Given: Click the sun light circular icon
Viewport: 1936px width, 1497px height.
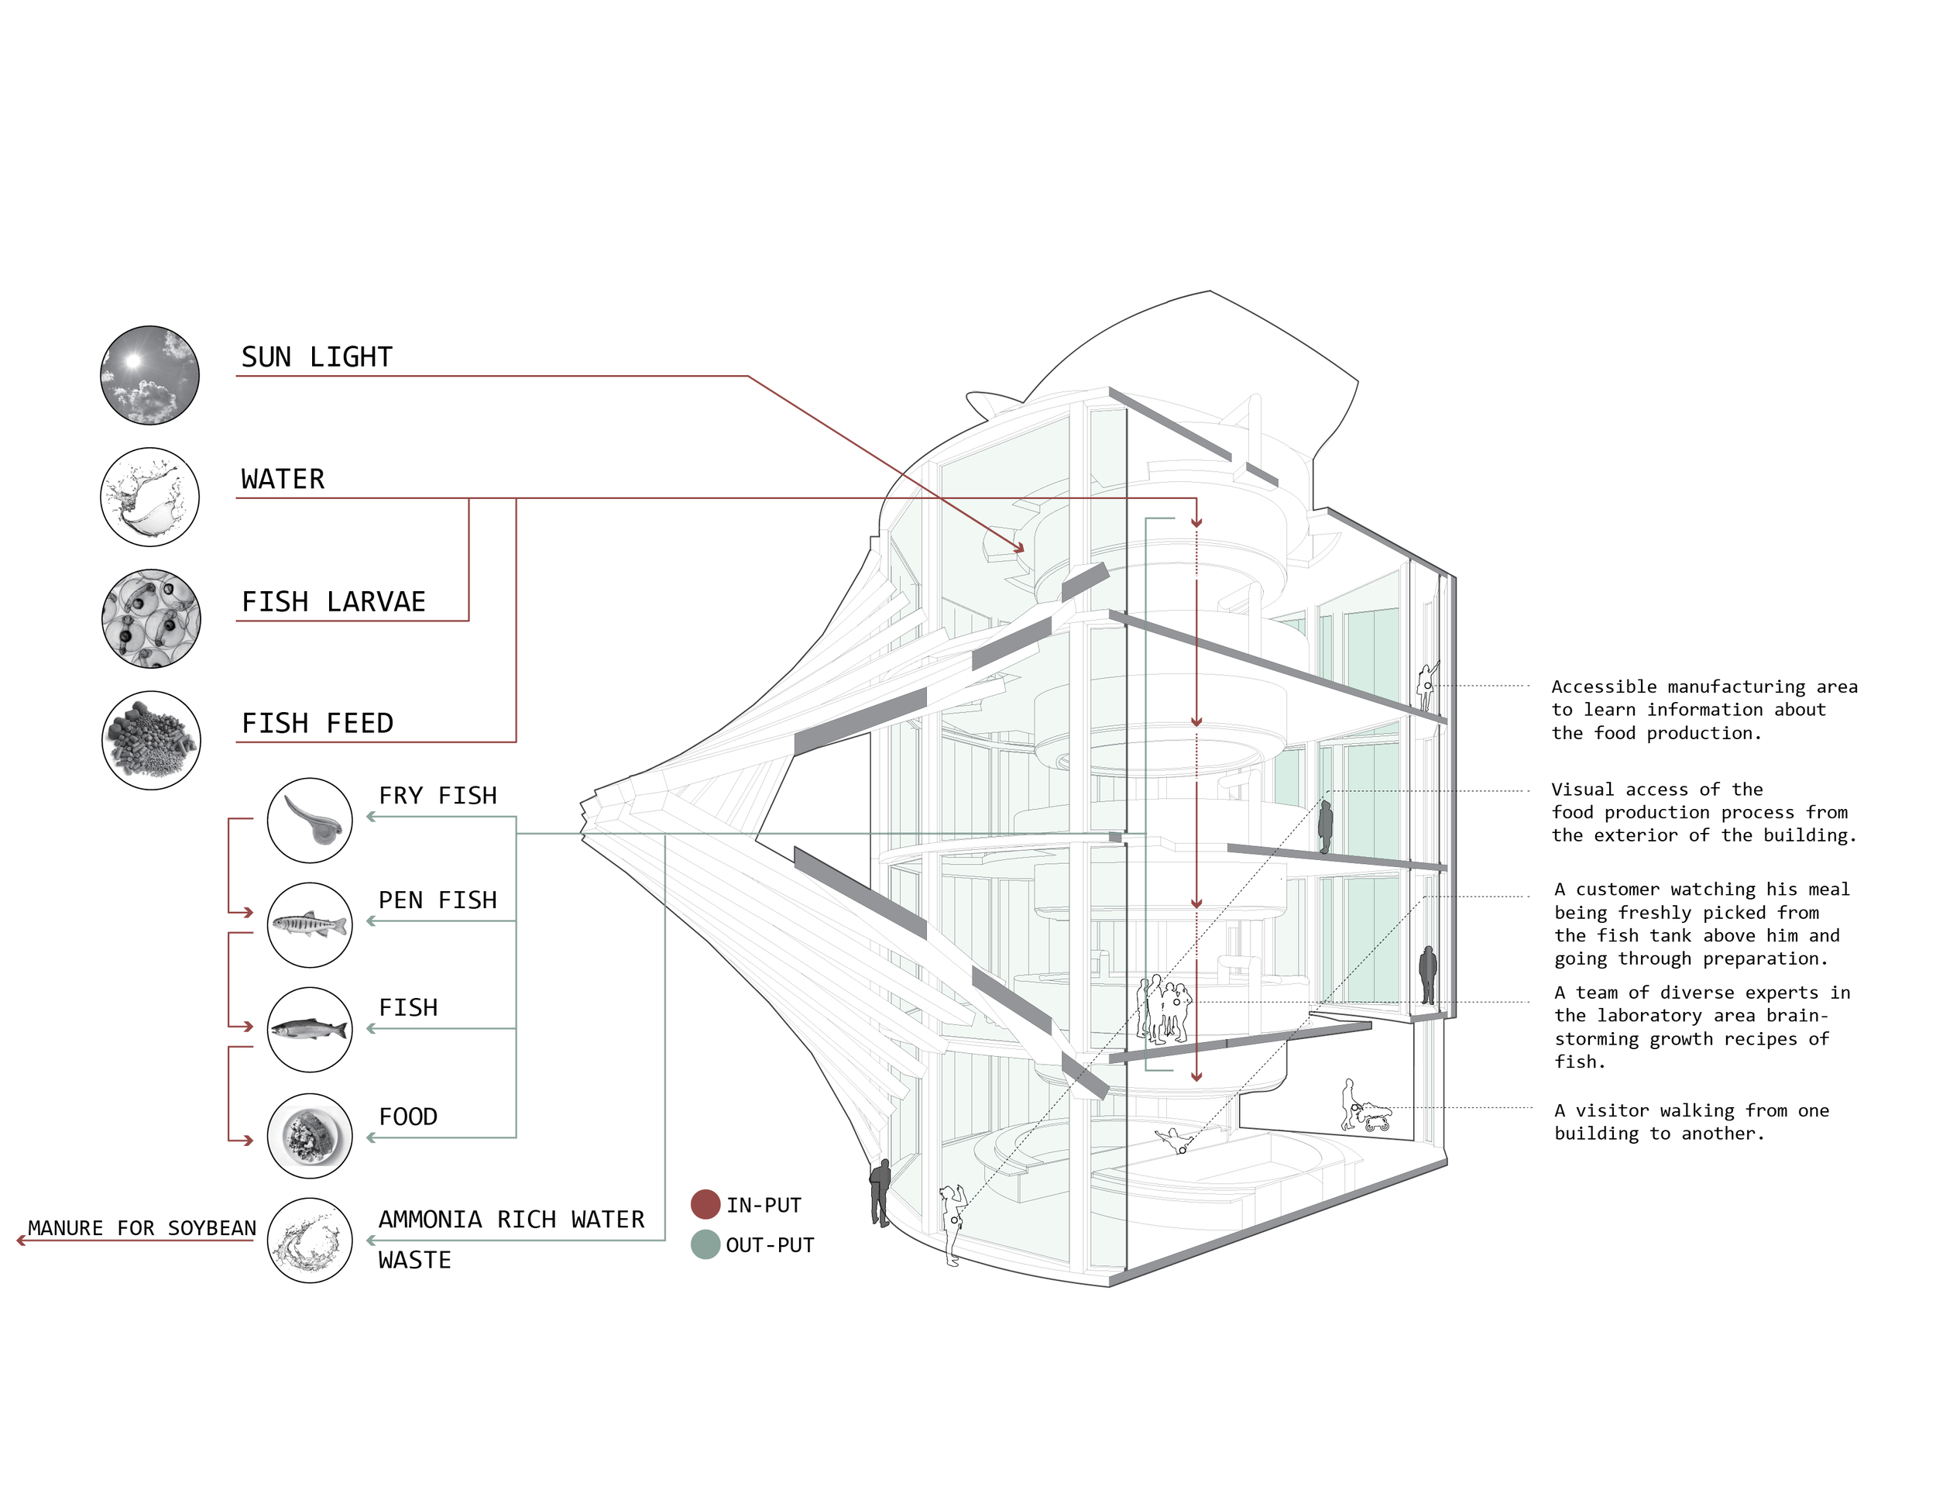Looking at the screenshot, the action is tap(149, 375).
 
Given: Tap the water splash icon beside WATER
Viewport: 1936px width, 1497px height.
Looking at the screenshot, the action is tap(149, 497).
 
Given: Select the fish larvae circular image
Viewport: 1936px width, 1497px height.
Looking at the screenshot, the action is tap(151, 618).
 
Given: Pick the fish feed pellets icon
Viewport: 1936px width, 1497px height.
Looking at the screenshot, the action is tap(151, 741).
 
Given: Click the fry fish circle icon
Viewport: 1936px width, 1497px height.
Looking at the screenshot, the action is tap(309, 821).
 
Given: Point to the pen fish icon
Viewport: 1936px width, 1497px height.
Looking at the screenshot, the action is tap(309, 925).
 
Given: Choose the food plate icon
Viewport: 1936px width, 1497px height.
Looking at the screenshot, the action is tap(309, 1136).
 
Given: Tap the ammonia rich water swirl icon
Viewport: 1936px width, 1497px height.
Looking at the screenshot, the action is tap(309, 1241).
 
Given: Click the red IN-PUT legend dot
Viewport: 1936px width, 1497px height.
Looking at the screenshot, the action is tap(705, 1204).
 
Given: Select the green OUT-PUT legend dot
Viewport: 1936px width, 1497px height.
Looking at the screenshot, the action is tap(705, 1244).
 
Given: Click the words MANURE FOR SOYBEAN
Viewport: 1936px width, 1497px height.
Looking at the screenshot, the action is tap(142, 1228).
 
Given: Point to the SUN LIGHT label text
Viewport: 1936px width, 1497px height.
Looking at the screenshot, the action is tap(317, 357).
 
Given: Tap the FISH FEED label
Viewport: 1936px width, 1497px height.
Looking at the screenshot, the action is tap(318, 724).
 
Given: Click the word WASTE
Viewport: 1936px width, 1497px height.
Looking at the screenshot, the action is tap(414, 1260).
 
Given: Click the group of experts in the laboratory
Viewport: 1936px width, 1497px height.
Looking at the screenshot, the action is tap(1164, 1008).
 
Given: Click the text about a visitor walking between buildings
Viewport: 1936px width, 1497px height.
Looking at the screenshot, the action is tap(1691, 1122).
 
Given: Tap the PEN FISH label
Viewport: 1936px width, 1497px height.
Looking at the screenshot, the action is tap(437, 900).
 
